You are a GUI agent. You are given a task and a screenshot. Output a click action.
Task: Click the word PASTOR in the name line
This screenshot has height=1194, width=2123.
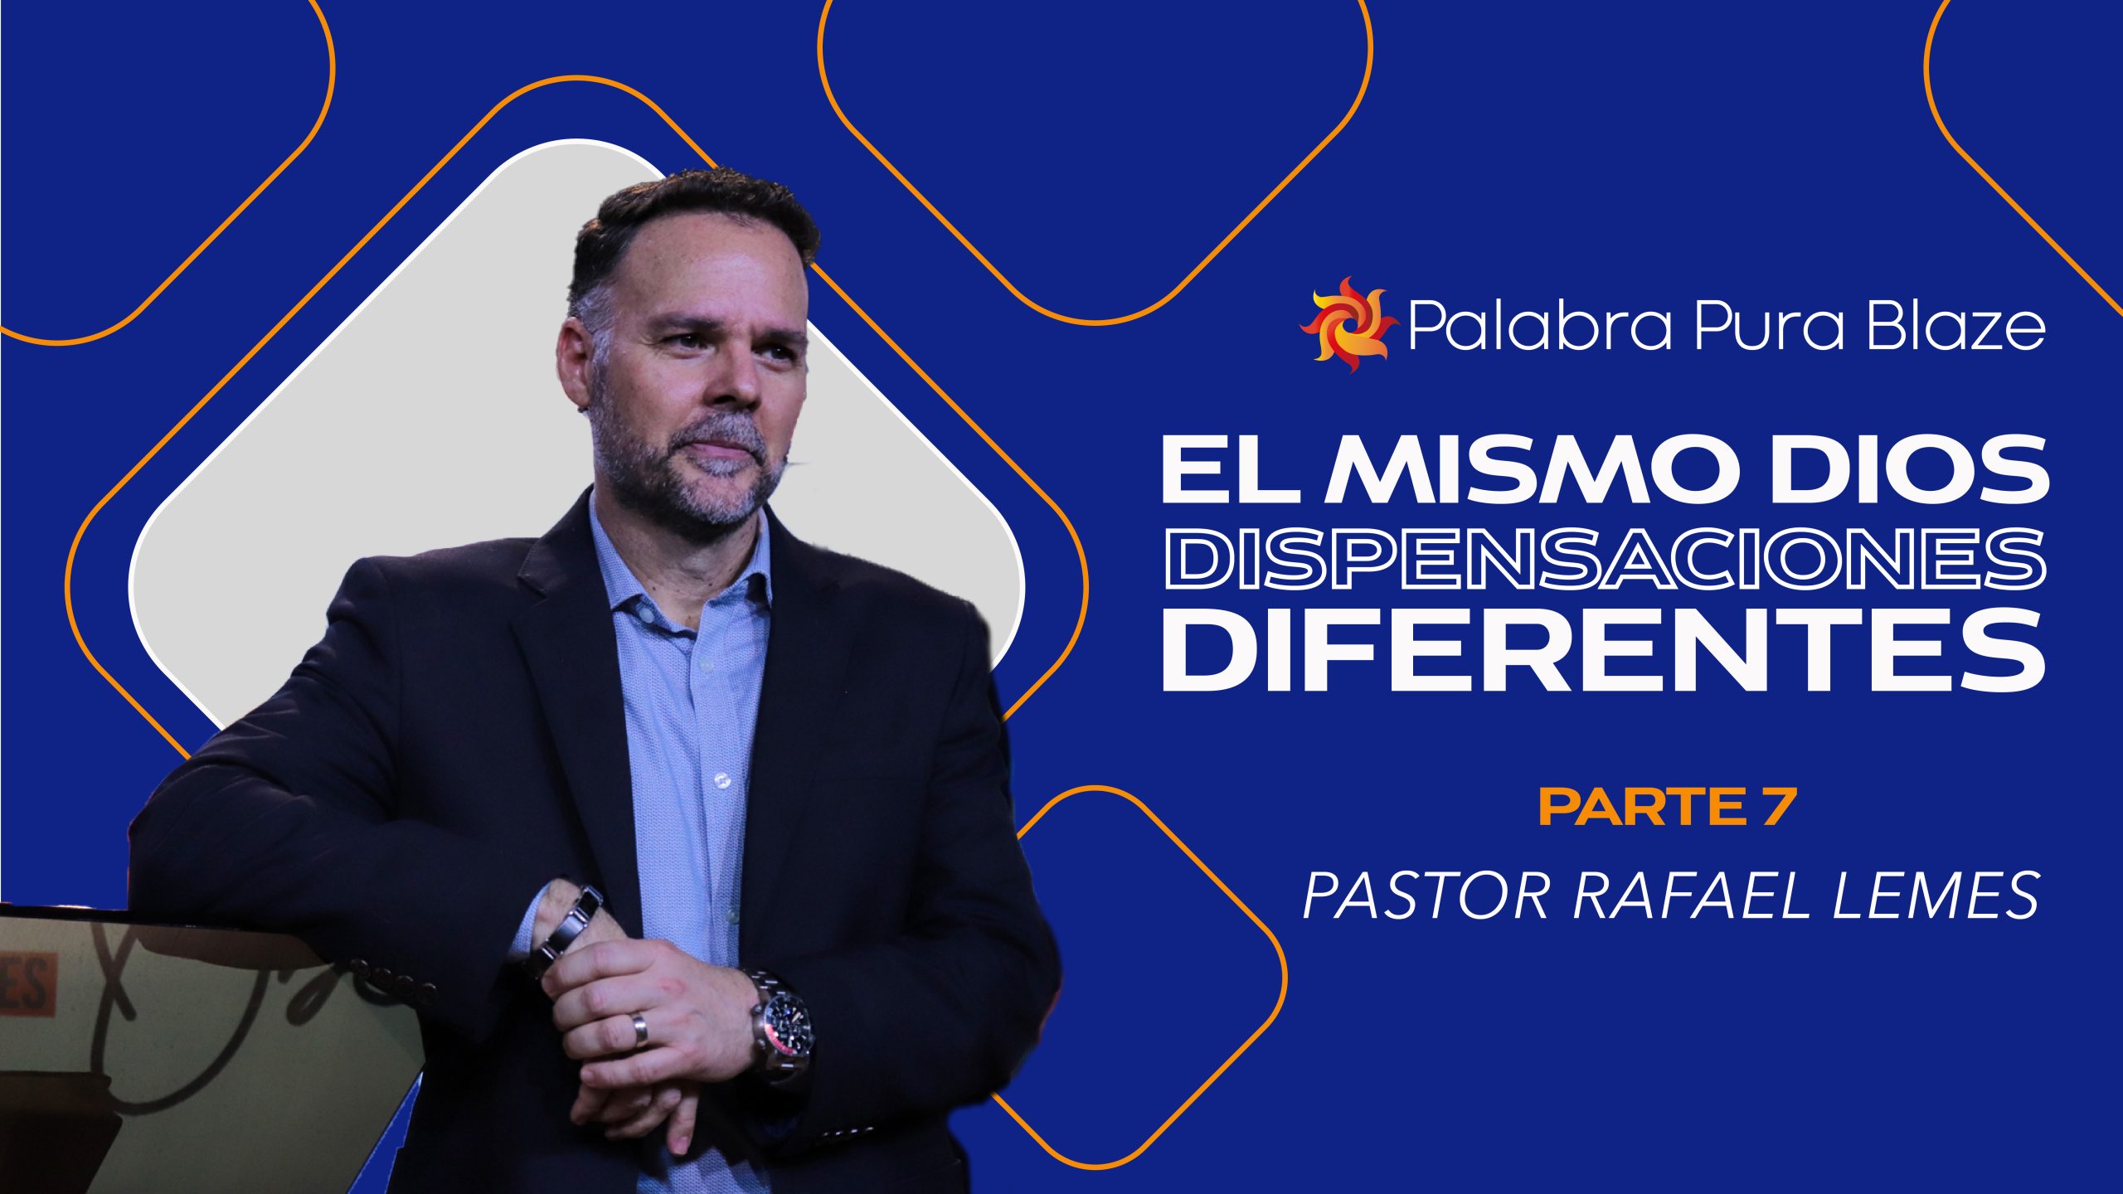pos(1426,895)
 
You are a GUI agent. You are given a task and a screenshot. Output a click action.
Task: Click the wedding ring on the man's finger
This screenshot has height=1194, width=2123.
pos(639,1030)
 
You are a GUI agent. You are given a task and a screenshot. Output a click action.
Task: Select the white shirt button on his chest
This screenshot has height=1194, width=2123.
pos(720,779)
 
